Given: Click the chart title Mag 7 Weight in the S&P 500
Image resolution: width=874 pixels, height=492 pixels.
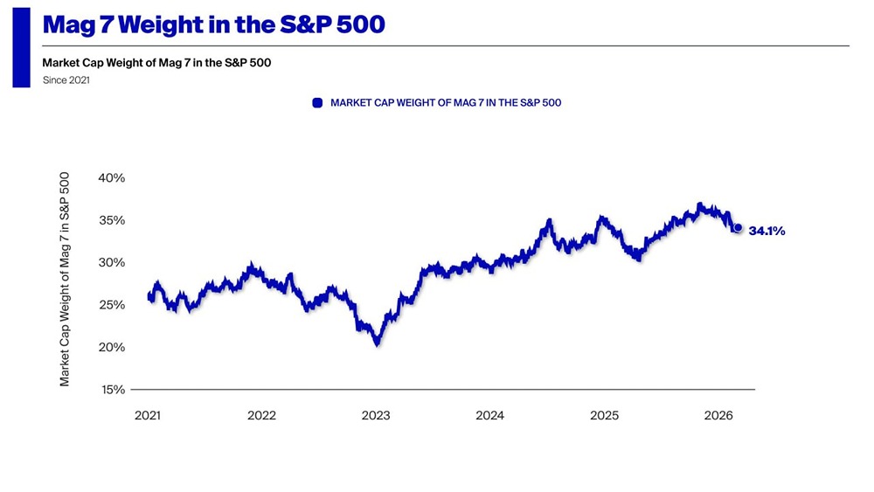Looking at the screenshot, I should (213, 24).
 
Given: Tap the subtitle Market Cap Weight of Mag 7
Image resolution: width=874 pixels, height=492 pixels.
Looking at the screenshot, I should (162, 63).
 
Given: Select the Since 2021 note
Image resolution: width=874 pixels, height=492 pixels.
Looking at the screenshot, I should (66, 80).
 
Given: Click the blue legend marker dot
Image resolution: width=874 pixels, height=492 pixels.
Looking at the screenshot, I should (318, 103).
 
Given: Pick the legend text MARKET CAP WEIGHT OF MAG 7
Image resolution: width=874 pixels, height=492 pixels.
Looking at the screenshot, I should (445, 103).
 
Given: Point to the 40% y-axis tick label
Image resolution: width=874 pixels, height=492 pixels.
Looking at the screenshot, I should (112, 177).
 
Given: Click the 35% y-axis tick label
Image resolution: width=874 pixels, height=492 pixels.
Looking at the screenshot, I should (112, 220).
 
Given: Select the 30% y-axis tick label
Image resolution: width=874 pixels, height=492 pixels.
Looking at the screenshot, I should (112, 262).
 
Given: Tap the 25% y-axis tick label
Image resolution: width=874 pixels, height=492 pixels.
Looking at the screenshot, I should (112, 305).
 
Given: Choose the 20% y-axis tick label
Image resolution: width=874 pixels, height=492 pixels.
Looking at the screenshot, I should (112, 347).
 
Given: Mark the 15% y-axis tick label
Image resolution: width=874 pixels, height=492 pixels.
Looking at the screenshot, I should (112, 390).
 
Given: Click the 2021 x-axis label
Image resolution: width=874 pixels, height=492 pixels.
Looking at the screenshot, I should (148, 415).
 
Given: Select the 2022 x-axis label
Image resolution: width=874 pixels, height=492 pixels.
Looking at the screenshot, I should (261, 415).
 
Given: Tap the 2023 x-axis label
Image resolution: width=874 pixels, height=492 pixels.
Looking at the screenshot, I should (376, 415).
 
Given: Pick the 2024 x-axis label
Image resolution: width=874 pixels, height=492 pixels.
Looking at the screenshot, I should (489, 415).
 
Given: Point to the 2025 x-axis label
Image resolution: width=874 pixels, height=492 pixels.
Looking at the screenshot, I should (604, 415).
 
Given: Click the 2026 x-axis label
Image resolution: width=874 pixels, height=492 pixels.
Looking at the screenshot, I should (718, 415).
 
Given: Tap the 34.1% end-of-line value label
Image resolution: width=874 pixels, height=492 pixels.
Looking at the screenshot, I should (766, 232).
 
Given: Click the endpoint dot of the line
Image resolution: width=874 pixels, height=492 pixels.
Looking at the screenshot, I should (738, 228).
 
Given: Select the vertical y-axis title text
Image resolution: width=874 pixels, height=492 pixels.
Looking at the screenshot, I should (66, 280).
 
